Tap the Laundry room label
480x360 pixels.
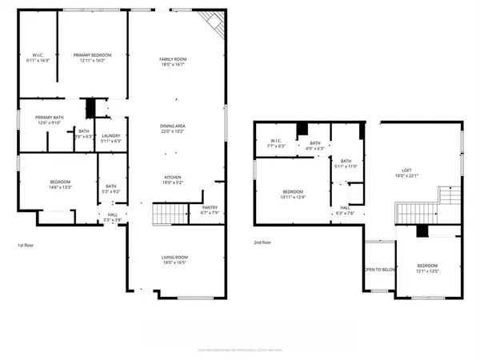tap(111, 137)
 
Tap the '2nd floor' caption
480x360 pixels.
tap(263, 242)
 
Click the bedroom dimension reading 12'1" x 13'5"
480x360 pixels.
tap(429, 271)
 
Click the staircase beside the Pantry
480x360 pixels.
tap(166, 214)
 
